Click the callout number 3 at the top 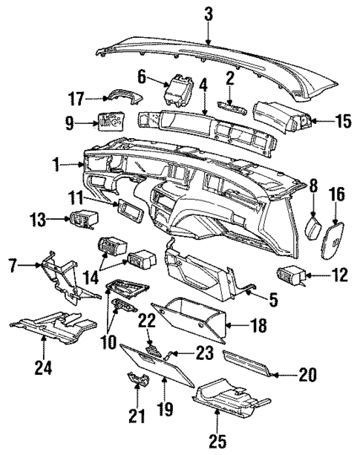(x=209, y=13)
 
